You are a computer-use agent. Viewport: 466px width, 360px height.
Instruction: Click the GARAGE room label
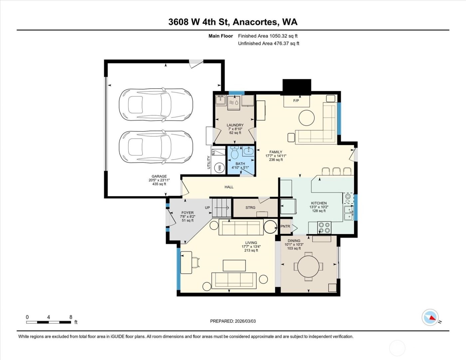(159, 177)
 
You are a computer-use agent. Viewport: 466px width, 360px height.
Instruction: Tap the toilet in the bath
(235, 153)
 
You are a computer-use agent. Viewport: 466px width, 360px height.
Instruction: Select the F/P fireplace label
(296, 100)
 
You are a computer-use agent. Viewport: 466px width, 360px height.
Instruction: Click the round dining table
(308, 266)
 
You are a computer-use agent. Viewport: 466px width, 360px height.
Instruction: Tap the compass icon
(430, 317)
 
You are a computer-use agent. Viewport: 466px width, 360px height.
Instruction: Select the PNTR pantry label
(285, 226)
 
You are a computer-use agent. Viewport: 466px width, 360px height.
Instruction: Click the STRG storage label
(250, 208)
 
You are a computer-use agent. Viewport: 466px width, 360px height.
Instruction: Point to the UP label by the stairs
(207, 208)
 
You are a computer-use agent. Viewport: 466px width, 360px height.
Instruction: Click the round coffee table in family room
(307, 118)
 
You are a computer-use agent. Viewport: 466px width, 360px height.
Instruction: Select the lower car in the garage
(156, 147)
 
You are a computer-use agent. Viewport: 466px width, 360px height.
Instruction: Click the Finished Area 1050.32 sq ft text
(268, 36)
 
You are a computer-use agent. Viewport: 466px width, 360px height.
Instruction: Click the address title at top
(233, 22)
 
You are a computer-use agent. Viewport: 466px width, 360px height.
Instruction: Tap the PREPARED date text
(233, 321)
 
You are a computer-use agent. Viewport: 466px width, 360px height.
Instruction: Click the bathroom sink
(248, 151)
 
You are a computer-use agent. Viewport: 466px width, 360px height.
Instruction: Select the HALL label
(229, 187)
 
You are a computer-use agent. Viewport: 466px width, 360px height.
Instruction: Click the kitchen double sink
(349, 213)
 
